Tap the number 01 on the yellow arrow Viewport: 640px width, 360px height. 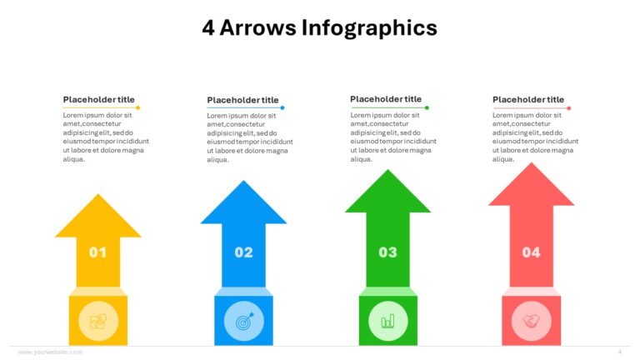click(x=98, y=252)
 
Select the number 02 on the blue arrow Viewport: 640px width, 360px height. click(x=243, y=252)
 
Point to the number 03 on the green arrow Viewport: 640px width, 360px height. click(x=387, y=252)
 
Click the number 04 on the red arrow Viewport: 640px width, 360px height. click(x=531, y=252)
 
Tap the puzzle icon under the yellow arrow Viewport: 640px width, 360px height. click(x=98, y=321)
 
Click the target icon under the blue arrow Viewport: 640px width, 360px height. click(x=243, y=321)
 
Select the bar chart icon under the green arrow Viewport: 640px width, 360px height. click(x=387, y=321)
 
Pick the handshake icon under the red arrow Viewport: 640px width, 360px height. click(x=531, y=321)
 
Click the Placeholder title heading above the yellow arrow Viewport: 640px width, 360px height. click(x=98, y=99)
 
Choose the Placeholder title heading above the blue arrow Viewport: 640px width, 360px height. click(x=242, y=100)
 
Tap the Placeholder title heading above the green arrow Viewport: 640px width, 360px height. click(x=386, y=98)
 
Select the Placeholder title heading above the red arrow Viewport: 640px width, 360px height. click(x=528, y=99)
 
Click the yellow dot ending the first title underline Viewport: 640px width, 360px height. click(x=137, y=108)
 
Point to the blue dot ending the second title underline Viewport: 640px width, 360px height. click(x=282, y=108)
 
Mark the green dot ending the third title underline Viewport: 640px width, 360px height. click(x=427, y=107)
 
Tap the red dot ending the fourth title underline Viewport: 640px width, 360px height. click(x=569, y=108)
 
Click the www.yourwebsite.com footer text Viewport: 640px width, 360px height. click(x=50, y=352)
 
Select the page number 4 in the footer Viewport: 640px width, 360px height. click(x=619, y=352)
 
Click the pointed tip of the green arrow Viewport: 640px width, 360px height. click(x=387, y=172)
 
